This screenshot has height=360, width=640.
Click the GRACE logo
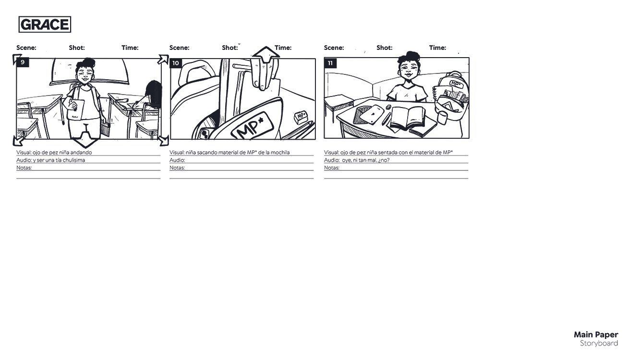coord(45,24)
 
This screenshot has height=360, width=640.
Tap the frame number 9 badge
coord(23,62)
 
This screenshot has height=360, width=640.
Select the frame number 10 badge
coord(176,63)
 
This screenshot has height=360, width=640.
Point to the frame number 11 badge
coord(330,63)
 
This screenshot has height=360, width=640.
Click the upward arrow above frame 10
coord(266,54)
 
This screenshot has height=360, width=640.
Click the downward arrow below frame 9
coord(85,140)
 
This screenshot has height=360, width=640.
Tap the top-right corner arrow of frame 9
coord(163,60)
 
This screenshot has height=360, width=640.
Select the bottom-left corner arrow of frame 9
coord(18,141)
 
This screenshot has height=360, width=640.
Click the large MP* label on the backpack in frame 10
coord(253,126)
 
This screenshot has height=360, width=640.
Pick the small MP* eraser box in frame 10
coord(301,117)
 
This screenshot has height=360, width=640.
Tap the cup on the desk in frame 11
coord(442,118)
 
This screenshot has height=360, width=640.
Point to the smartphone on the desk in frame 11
coord(372,114)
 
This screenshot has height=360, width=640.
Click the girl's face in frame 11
coord(409,69)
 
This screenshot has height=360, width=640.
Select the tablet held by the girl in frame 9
coord(76,109)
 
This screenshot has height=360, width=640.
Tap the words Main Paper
coord(596,335)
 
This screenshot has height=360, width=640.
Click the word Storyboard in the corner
coord(599,343)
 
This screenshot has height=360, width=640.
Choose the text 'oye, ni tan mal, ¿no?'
coord(366,160)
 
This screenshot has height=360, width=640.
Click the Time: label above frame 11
coord(437,48)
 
